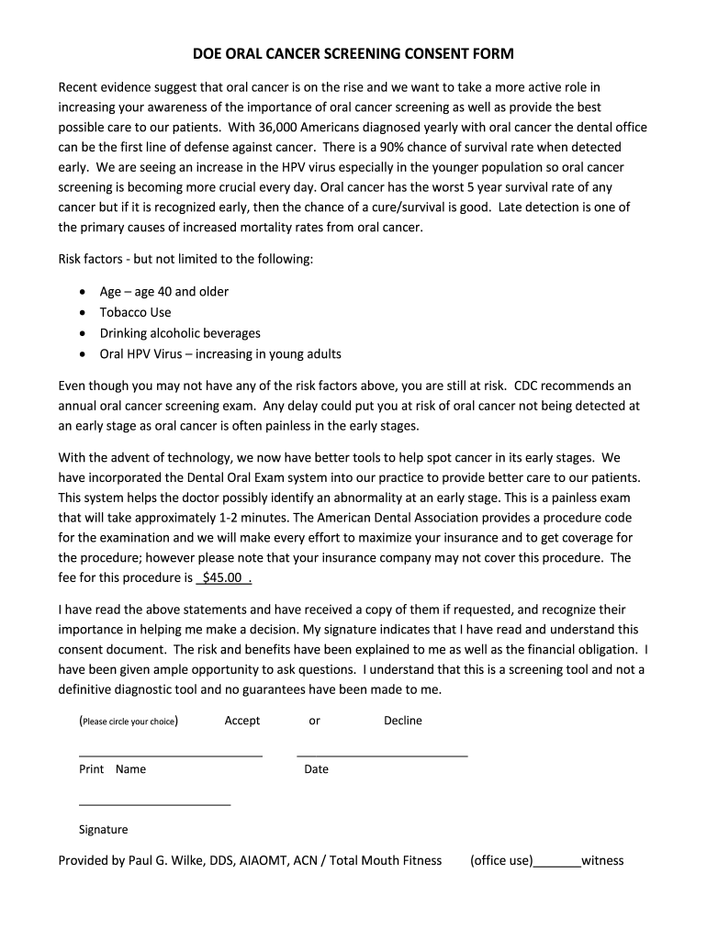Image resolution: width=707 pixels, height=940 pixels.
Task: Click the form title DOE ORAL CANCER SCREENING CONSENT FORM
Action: pyautogui.click(x=353, y=54)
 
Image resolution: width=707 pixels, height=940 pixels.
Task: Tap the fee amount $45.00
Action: pyautogui.click(x=221, y=578)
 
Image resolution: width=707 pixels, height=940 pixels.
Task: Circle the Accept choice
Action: pyautogui.click(x=242, y=721)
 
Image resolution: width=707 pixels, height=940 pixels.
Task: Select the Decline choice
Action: pyautogui.click(x=402, y=721)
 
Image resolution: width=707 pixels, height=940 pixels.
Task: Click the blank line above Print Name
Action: pyautogui.click(x=171, y=754)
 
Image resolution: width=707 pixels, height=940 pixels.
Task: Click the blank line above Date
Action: pyautogui.click(x=382, y=754)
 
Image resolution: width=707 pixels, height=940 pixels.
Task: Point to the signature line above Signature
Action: pyautogui.click(x=154, y=804)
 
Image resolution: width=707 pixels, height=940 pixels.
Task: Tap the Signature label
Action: pyautogui.click(x=104, y=830)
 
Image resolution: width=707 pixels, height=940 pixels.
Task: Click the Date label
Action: pyautogui.click(x=316, y=769)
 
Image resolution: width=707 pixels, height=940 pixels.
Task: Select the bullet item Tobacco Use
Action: pyautogui.click(x=135, y=312)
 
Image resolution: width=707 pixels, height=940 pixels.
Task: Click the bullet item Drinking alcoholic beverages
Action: pyautogui.click(x=180, y=333)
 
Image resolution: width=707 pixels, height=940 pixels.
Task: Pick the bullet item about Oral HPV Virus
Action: pyautogui.click(x=220, y=354)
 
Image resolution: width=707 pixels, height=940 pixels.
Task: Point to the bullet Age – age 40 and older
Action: pyautogui.click(x=164, y=292)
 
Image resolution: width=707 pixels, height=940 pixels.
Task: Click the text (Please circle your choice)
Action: pyautogui.click(x=129, y=722)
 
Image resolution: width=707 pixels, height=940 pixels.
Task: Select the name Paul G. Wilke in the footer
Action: pyautogui.click(x=171, y=861)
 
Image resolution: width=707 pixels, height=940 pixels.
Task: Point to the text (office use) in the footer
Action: pyautogui.click(x=501, y=861)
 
